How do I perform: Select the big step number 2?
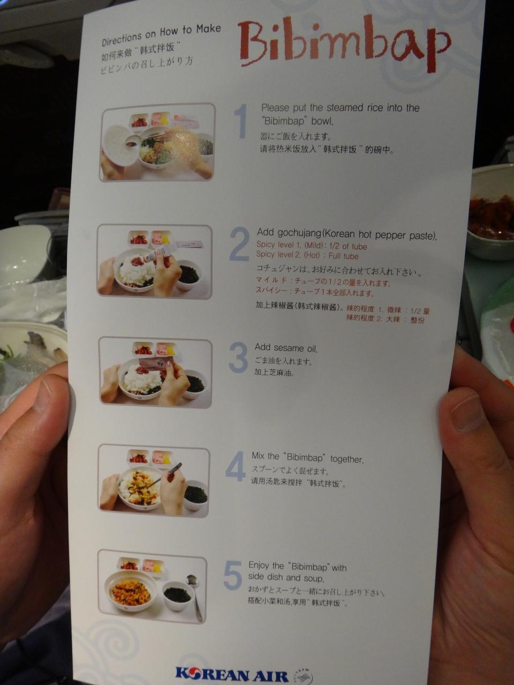coord(239,244)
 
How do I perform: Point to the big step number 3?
coord(238,357)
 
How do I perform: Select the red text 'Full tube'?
coord(343,256)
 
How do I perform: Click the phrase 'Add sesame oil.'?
coord(286,348)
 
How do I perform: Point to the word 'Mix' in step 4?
coord(258,456)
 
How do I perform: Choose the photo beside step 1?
coord(157,142)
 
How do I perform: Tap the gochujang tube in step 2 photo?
coord(157,254)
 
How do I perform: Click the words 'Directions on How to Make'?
coord(161,35)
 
